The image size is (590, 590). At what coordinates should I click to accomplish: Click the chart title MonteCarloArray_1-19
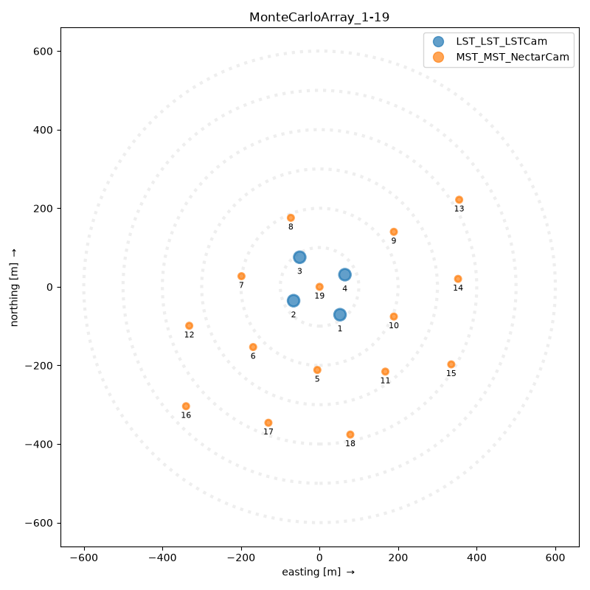(x=319, y=17)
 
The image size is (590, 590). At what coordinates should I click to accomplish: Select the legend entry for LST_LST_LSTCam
(x=490, y=41)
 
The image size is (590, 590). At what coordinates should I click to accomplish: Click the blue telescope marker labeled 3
(x=299, y=257)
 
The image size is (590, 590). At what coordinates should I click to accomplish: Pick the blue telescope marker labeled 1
(x=340, y=315)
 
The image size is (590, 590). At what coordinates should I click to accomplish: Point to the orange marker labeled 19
(x=319, y=287)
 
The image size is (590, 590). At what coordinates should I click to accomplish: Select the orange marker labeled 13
(x=459, y=200)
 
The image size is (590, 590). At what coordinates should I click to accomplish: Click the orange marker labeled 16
(x=186, y=406)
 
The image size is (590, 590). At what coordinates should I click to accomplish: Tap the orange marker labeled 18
(x=350, y=434)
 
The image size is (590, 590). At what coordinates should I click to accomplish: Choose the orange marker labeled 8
(x=291, y=218)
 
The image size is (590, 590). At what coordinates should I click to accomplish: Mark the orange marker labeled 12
(x=190, y=325)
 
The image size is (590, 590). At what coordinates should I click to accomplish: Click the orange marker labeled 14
(x=458, y=279)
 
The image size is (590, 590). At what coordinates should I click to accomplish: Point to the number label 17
(x=268, y=431)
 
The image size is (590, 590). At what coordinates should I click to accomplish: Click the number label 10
(x=394, y=325)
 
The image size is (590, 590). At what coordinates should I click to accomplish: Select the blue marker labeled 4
(x=344, y=274)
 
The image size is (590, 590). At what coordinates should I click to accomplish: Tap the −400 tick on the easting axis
(x=162, y=558)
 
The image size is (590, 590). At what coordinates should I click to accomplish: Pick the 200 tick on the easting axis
(x=398, y=558)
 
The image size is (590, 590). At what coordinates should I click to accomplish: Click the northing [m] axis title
(x=14, y=287)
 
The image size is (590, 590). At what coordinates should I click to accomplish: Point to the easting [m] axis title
(x=319, y=572)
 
